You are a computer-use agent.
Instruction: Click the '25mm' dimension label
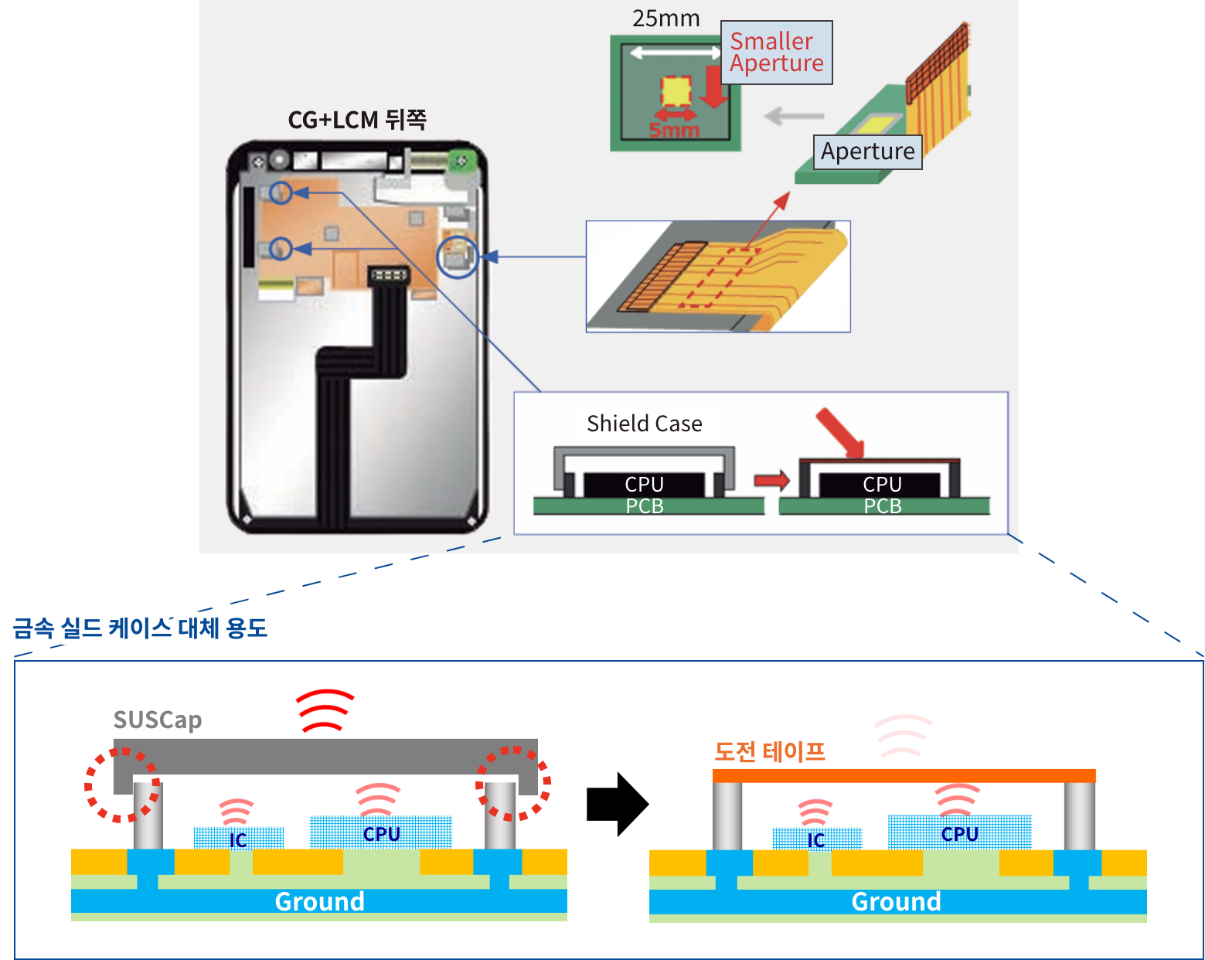665,18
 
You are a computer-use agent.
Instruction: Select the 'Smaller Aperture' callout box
776,53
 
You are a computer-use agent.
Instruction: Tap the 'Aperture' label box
867,151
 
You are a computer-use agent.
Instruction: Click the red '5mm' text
674,130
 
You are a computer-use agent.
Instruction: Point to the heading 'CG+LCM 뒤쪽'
357,120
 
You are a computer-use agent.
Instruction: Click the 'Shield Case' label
645,424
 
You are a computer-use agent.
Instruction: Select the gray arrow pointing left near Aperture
794,117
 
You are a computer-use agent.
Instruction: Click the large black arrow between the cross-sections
616,804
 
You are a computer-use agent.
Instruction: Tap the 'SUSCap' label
158,720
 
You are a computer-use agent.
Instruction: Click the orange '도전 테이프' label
770,751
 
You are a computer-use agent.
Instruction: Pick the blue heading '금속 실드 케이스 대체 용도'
141,628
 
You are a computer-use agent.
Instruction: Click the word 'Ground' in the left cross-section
319,901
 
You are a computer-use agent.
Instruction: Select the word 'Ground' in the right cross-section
896,901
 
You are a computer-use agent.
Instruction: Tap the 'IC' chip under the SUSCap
238,839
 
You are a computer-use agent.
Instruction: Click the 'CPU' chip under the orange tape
959,833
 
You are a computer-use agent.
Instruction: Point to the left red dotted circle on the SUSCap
122,784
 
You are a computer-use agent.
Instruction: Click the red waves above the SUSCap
325,710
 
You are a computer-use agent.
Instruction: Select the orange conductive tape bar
904,776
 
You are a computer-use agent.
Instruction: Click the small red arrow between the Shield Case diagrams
771,480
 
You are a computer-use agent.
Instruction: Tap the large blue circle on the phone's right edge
458,257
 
